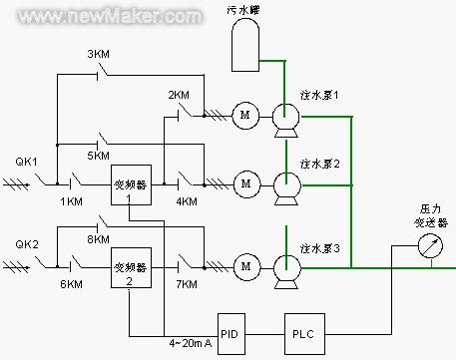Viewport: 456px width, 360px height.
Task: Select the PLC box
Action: [302, 328]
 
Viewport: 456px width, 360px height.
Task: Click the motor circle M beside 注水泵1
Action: [242, 116]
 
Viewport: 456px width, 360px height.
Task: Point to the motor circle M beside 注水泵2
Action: [242, 182]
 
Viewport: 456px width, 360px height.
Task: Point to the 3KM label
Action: [100, 53]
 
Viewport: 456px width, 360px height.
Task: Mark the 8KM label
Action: [99, 239]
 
